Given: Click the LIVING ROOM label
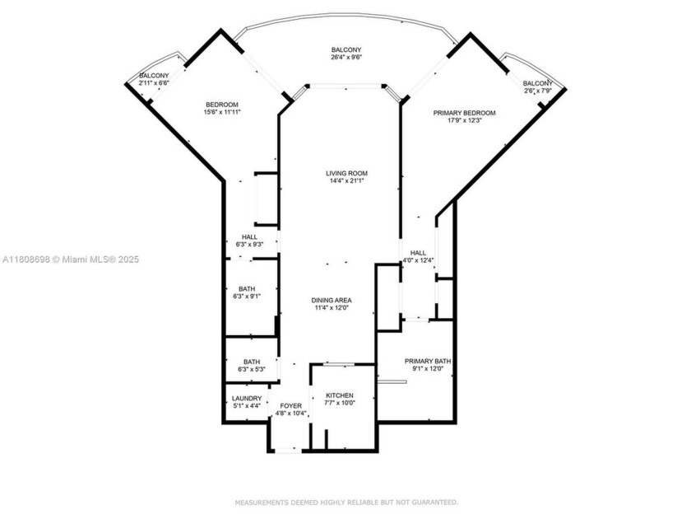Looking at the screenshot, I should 345,173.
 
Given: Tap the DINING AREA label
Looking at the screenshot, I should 332,300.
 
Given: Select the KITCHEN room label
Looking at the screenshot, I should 339,395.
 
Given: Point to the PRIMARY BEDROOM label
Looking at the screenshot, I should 465,112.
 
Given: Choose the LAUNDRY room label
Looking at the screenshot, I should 246,398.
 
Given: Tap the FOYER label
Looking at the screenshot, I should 290,406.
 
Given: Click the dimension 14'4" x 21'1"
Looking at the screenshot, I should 345,181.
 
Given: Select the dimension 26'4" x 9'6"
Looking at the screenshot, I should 345,58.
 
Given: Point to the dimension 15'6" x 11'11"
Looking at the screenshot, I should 221,112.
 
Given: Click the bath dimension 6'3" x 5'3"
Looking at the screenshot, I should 251,369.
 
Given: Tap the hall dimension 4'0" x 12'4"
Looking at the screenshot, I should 419,261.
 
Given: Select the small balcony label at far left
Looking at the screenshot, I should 153,76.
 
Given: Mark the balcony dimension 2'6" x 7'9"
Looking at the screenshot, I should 538,91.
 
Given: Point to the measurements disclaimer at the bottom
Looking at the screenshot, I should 345,502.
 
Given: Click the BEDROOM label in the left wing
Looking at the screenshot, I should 221,104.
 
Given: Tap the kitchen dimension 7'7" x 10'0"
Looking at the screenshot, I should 339,404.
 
